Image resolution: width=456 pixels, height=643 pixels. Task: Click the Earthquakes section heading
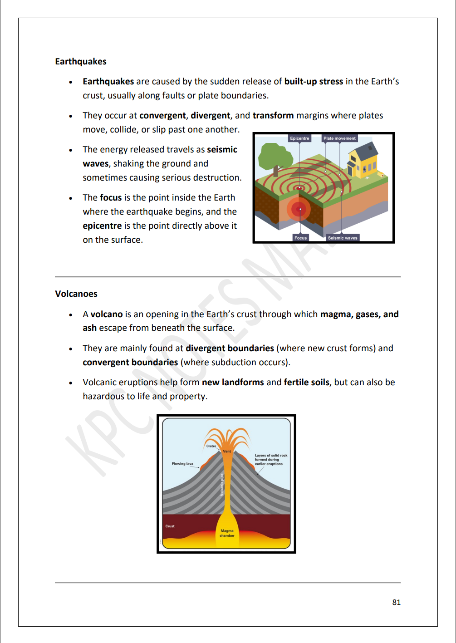point(81,62)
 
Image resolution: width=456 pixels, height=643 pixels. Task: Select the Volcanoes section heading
point(76,294)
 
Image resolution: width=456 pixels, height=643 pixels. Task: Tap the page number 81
point(396,602)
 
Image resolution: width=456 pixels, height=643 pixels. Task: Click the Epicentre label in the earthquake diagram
point(299,138)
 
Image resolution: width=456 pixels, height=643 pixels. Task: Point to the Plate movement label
point(339,138)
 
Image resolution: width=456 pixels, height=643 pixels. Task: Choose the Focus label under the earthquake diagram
point(300,238)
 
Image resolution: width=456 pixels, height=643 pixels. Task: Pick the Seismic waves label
point(342,238)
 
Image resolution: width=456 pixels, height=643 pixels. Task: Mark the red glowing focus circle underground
point(299,209)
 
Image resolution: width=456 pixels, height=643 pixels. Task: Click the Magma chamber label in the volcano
point(227,533)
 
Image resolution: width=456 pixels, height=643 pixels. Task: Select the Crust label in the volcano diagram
point(170,526)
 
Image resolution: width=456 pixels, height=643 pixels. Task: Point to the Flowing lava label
point(182,464)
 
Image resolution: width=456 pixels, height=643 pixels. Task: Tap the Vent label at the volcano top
point(227,452)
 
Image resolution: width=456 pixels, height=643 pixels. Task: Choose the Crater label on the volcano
point(211,446)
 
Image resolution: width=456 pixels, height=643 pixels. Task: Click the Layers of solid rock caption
point(270,460)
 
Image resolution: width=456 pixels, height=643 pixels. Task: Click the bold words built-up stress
point(314,82)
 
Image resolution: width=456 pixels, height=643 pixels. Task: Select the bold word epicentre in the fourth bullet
point(102,226)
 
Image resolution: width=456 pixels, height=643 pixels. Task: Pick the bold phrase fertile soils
point(306,383)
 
